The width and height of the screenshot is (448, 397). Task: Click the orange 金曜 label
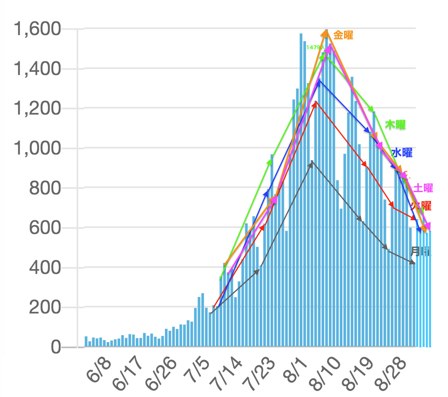pyautogui.click(x=344, y=35)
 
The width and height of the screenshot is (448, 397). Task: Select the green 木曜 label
pyautogui.click(x=395, y=125)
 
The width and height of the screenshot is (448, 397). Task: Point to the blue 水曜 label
pyautogui.click(x=402, y=153)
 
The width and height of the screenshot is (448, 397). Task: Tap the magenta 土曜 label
pyautogui.click(x=423, y=188)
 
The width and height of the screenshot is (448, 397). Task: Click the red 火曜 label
pyautogui.click(x=422, y=206)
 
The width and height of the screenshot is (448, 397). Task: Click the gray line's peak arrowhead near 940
pyautogui.click(x=312, y=162)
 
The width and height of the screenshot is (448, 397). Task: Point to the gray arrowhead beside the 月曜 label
pyautogui.click(x=413, y=263)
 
